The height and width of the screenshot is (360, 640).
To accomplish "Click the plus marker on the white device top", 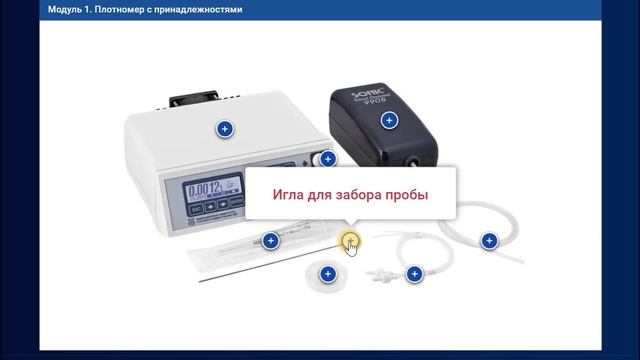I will [224, 129].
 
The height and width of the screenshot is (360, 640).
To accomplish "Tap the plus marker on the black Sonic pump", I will [390, 120].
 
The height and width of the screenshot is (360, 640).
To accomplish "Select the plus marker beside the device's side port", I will [328, 158].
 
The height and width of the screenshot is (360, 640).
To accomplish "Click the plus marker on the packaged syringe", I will [270, 240].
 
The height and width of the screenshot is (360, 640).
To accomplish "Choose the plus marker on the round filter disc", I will [326, 273].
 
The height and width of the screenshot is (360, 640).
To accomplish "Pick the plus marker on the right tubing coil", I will [489, 240].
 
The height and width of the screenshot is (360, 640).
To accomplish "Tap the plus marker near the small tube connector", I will [413, 273].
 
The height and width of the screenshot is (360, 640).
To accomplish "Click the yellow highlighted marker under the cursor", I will [348, 239].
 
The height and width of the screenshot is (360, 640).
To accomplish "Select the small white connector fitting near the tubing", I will [381, 272].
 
